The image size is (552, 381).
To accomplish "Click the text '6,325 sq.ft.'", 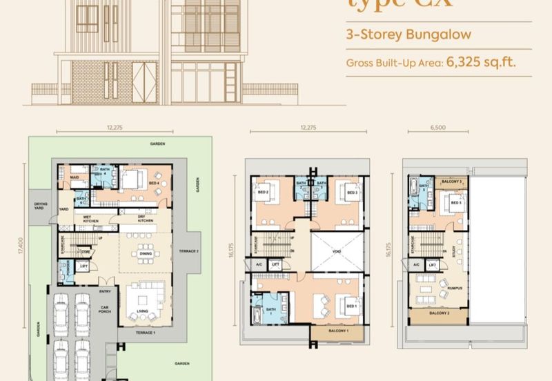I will click(x=482, y=61).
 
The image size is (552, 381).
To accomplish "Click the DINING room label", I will click(x=145, y=253).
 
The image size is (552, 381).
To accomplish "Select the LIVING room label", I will click(x=144, y=312).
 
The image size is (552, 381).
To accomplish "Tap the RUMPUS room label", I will click(x=454, y=288).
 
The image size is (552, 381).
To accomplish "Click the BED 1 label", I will click(x=351, y=305).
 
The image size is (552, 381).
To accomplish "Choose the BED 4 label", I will click(x=155, y=183).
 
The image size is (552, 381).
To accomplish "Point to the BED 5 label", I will click(x=455, y=204).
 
